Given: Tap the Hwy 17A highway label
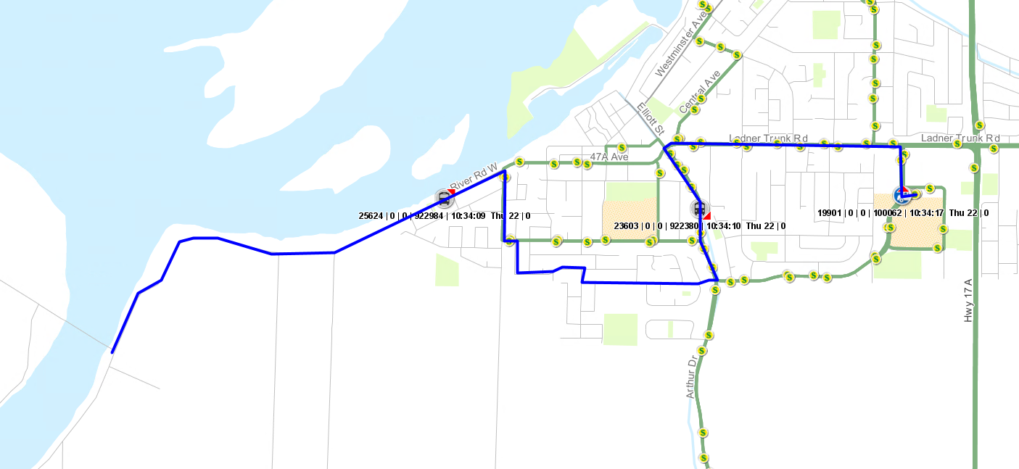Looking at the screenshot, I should point(968,301).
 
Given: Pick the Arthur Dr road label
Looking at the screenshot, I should point(692,376).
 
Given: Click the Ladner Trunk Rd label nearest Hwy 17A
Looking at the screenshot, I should point(960,138).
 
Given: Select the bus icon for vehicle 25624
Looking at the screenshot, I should point(443,197).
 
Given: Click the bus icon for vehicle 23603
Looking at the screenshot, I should point(699,209).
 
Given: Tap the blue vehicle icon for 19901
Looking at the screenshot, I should point(902,194).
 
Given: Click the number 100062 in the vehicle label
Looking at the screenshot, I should point(886,213).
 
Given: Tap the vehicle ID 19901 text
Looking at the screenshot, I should point(830,213).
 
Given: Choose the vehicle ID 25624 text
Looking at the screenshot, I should point(371,216).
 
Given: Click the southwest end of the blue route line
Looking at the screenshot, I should point(112,352).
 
